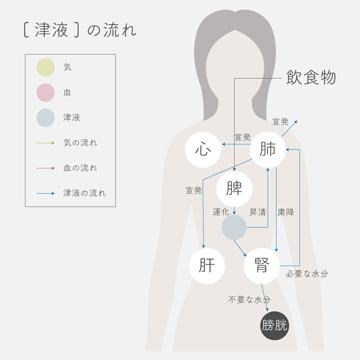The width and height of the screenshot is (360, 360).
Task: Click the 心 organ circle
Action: click(203, 150)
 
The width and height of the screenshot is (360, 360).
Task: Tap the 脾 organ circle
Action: click(234, 189)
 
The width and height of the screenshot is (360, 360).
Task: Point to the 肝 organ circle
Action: click(207, 266)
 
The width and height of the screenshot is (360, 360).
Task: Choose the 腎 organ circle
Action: click(262, 266)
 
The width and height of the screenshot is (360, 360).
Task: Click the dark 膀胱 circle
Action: click(275, 325)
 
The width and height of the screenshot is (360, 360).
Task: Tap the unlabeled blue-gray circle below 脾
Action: click(234, 228)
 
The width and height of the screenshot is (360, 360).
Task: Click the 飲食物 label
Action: click(311, 77)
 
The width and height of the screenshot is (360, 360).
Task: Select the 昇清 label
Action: click(258, 212)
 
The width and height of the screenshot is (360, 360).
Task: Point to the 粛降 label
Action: click(286, 212)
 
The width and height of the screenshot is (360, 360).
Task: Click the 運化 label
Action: click(221, 212)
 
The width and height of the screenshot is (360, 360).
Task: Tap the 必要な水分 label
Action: click(307, 274)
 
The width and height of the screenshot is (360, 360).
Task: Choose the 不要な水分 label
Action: click(249, 300)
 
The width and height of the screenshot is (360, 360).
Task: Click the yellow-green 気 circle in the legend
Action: click(45, 67)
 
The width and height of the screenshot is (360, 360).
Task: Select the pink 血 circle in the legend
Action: click(45, 93)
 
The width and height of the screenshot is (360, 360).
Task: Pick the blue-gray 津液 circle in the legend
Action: click(45, 118)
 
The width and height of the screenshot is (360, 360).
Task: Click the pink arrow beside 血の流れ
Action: click(45, 168)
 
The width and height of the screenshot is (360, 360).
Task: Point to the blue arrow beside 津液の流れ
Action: click(45, 193)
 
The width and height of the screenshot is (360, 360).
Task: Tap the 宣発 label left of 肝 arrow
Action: click(194, 190)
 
